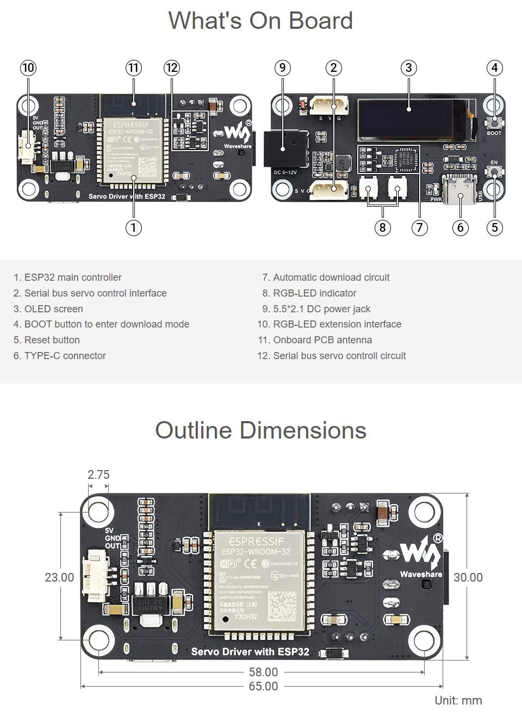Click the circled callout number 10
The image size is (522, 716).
point(28,68)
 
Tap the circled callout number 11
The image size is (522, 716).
point(133,68)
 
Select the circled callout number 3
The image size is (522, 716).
point(408,68)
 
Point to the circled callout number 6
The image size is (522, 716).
point(460,227)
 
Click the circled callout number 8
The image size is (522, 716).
point(382,227)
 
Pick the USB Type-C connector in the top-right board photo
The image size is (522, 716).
point(460,190)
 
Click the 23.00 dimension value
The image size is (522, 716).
point(59,577)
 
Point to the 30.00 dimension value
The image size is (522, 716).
point(468,577)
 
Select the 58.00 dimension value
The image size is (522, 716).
point(263,672)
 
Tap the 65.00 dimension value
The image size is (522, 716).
point(263,686)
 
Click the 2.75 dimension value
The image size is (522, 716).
point(98,474)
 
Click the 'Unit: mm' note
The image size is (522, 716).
point(458,700)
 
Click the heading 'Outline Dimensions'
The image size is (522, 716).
point(260,430)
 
